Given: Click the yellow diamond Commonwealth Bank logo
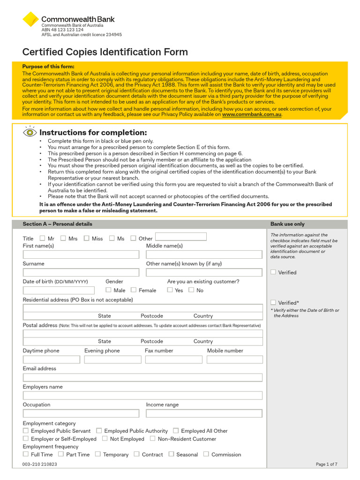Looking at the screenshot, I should pos(30,19).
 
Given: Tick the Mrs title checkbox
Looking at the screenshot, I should pos(63,238).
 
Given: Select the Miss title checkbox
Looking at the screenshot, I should pos(86,238).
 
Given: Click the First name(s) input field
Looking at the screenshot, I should pos(81,255).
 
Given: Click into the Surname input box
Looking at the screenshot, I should pos(81,272).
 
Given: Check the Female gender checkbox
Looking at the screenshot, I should pos(134,290).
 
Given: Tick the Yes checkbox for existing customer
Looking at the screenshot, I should pos(170,290).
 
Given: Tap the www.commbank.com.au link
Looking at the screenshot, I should pos(252,114).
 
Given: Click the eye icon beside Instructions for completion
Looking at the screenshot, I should pos(30,132).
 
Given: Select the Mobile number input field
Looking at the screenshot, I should pos(234,360).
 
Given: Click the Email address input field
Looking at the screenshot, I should pos(142,377).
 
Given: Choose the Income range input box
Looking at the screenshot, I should pos(204,413).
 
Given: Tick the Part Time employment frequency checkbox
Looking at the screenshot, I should pos(61,454).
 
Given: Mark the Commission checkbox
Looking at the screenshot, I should pos(206,454).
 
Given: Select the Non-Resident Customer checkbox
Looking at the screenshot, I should pos(153,439).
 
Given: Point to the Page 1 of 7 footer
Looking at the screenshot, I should pos(326,464).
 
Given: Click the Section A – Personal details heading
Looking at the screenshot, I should pos(58,224).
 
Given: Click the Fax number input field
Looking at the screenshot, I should pos(173,360).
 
